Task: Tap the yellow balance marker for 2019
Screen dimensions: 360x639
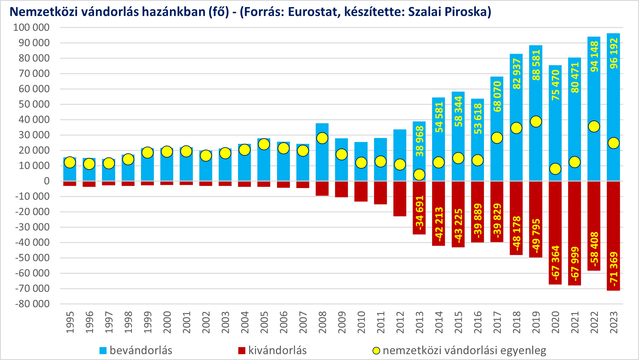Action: pos(536,122)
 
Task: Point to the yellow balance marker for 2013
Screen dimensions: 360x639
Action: pos(419,175)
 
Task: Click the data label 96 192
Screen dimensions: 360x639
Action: pos(614,53)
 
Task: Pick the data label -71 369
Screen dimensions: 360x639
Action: pos(614,269)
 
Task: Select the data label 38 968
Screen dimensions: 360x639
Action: pos(419,141)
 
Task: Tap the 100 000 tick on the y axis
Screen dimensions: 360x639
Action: pos(31,28)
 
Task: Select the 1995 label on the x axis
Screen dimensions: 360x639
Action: pos(70,322)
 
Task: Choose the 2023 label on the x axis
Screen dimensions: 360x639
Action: pos(614,322)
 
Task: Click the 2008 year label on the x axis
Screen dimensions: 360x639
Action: pos(322,322)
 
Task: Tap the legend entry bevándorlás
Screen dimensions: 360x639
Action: pos(141,350)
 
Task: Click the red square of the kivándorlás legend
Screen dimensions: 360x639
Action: pos(242,350)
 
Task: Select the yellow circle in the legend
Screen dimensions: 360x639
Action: pos(376,350)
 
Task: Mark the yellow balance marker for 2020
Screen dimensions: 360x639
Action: pos(555,169)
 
